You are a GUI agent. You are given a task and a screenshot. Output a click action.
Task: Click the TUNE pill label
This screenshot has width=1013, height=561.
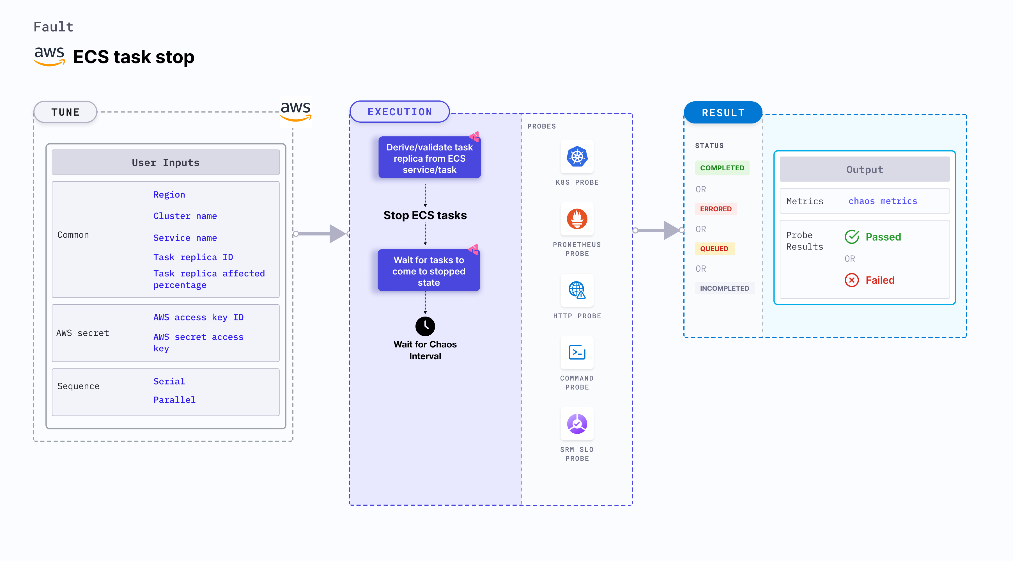click(x=65, y=112)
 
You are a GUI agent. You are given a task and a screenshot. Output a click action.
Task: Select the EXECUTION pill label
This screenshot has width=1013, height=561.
click(x=399, y=112)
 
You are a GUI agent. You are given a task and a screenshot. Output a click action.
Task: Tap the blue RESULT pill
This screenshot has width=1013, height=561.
click(x=723, y=113)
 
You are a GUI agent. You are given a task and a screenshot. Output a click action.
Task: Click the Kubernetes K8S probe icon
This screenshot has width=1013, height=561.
click(x=577, y=157)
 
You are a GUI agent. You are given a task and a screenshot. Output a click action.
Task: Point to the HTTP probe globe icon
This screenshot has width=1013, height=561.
click(x=577, y=290)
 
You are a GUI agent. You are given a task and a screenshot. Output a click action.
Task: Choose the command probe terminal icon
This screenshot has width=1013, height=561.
click(x=577, y=352)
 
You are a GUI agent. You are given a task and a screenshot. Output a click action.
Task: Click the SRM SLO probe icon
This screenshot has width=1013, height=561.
click(x=577, y=424)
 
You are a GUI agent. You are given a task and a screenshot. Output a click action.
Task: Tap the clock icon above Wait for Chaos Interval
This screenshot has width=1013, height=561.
click(x=425, y=326)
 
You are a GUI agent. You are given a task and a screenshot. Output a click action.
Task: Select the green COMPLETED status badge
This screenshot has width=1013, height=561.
click(x=722, y=168)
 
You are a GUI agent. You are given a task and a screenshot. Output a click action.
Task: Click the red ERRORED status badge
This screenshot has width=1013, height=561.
click(x=716, y=209)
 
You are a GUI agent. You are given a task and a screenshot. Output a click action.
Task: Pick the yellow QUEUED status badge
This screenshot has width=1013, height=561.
click(x=714, y=249)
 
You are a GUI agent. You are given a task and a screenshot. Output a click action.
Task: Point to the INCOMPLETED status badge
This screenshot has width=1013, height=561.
click(x=724, y=288)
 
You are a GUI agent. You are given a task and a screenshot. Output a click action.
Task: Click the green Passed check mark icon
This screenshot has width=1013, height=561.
click(x=852, y=237)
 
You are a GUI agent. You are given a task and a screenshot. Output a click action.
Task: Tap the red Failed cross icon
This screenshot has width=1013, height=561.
click(x=852, y=280)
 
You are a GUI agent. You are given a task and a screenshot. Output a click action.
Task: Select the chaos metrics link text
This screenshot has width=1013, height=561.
click(x=883, y=201)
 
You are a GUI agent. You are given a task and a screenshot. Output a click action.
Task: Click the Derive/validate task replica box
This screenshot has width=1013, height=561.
click(x=429, y=158)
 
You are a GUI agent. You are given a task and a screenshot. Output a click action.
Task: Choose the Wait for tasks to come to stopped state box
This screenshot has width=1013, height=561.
click(x=429, y=271)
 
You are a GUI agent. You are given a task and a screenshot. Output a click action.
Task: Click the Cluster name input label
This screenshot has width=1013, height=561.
click(x=185, y=216)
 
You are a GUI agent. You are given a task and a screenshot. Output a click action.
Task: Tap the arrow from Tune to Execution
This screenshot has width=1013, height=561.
click(x=320, y=234)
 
